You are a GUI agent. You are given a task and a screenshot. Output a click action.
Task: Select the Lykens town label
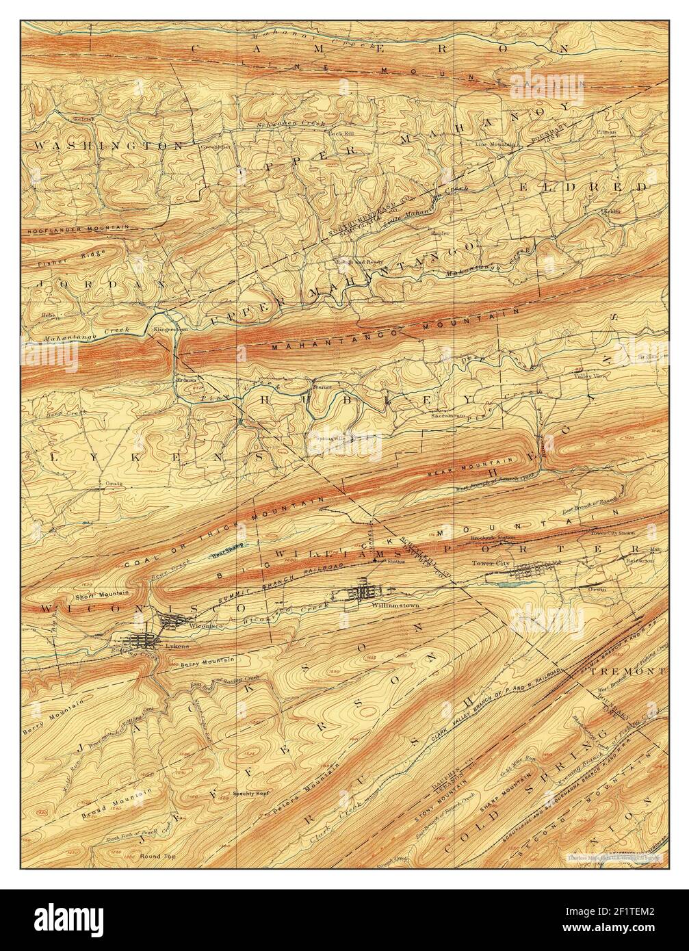pos(176,645)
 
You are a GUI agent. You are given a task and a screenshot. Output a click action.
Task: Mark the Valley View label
pos(590,376)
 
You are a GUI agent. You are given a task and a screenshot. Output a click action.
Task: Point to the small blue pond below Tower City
pos(510,584)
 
